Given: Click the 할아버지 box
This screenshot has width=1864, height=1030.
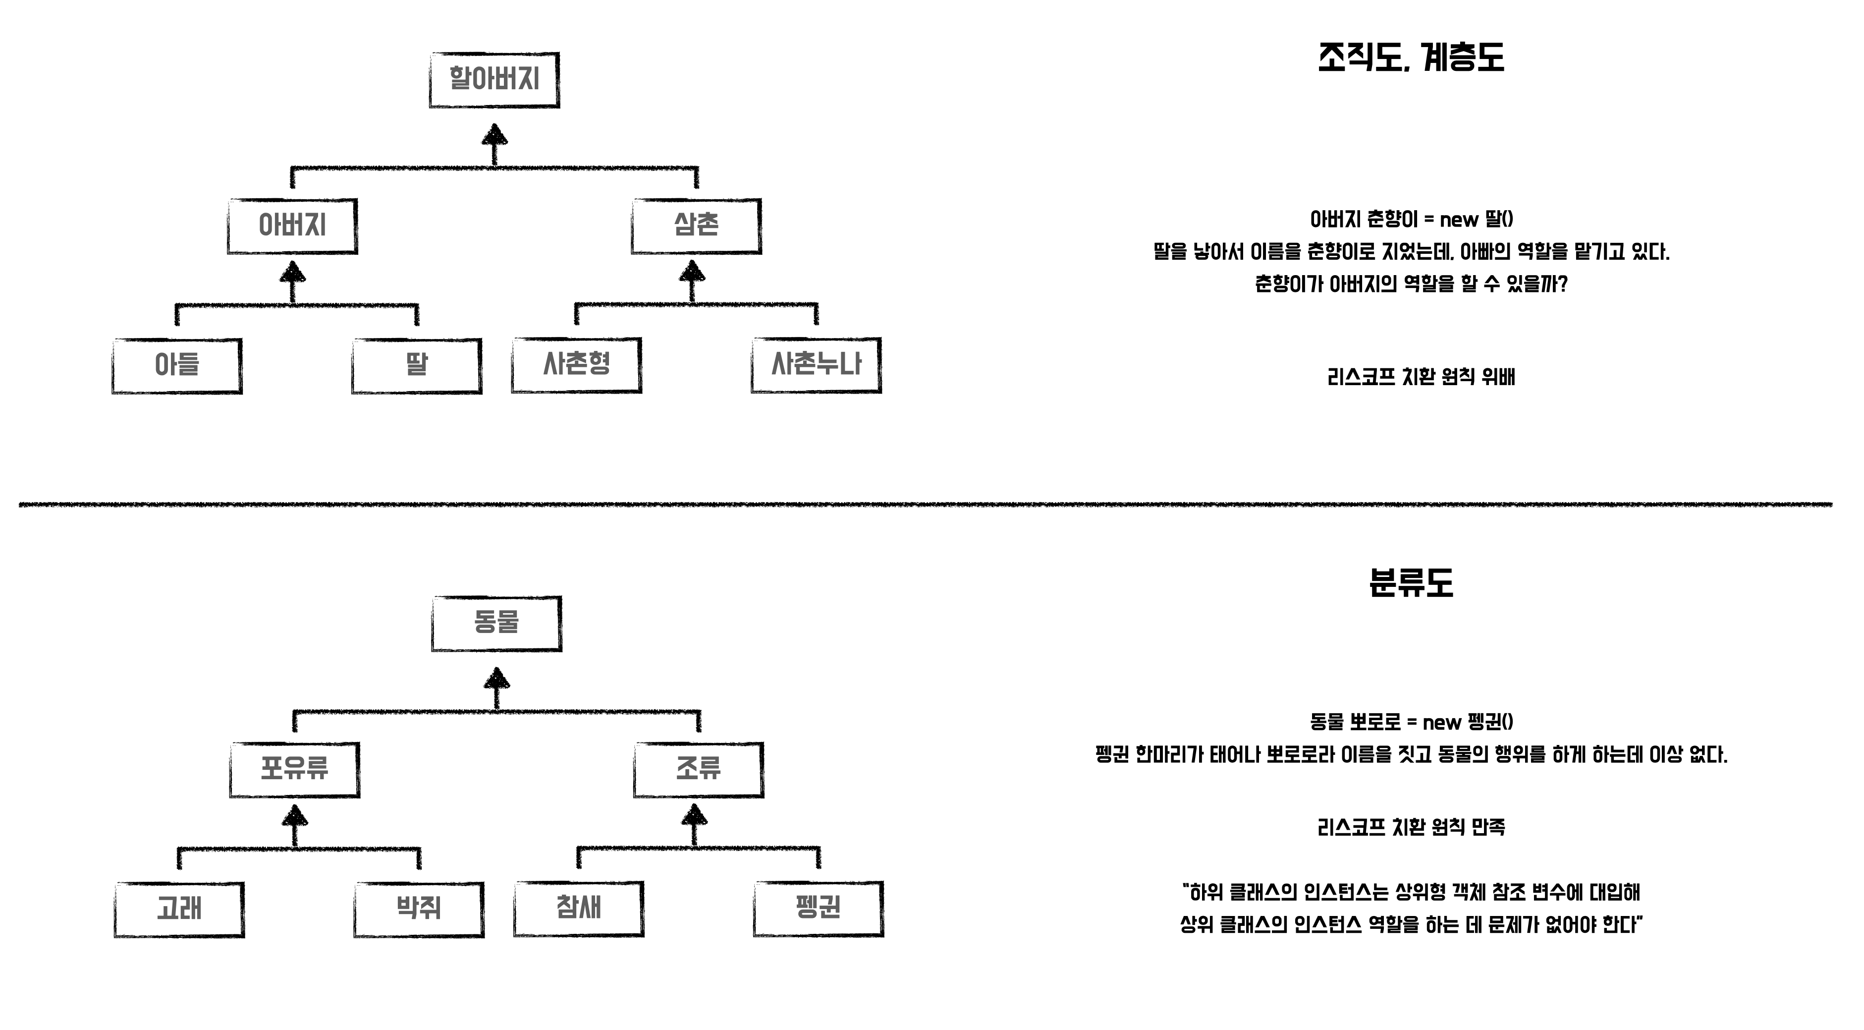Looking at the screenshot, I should click(494, 80).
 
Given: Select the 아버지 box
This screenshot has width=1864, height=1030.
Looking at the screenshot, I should click(292, 226).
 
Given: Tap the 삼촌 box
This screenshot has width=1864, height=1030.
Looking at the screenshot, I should click(696, 226).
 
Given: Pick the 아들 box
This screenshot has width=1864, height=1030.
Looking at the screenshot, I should click(177, 365).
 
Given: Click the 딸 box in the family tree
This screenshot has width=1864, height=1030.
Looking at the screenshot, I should click(417, 365).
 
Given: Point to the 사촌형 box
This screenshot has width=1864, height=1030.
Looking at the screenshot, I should click(577, 365).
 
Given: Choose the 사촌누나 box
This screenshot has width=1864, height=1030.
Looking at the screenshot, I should click(816, 365).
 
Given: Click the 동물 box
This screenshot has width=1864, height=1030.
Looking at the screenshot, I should click(496, 623).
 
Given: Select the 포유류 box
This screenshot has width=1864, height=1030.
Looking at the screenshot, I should click(294, 769).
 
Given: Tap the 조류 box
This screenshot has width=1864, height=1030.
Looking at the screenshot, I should click(698, 769).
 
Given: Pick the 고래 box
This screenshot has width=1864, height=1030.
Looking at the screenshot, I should click(179, 909).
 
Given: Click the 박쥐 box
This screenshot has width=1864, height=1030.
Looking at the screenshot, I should click(419, 909).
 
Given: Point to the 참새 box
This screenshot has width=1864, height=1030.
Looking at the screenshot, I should click(579, 909).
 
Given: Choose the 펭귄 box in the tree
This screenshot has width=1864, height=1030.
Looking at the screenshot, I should click(819, 909).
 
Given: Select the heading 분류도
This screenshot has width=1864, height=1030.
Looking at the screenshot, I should click(1411, 583).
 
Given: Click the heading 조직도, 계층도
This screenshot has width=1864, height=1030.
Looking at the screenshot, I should click(1411, 58).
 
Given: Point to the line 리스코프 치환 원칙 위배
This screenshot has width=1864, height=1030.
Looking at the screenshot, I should click(1421, 377).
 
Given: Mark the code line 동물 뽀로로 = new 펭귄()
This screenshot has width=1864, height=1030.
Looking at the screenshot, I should click(1412, 722).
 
